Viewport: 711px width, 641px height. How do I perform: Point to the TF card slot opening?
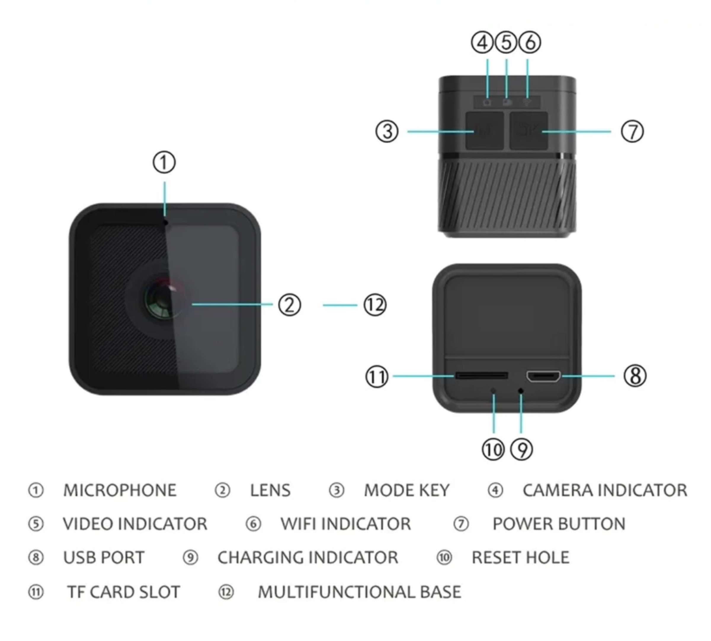(481, 375)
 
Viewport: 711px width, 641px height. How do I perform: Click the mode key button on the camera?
(484, 131)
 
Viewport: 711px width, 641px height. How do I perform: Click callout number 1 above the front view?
(164, 162)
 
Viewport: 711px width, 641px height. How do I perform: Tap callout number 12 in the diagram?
(375, 305)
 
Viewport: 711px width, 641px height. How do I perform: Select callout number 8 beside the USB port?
(635, 376)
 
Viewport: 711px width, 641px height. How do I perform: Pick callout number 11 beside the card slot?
(377, 377)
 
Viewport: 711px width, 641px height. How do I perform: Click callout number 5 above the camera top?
(506, 43)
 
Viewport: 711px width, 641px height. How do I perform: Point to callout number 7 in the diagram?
(632, 131)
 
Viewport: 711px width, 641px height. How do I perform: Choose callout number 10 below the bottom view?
(493, 450)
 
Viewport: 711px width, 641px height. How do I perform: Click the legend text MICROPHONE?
(120, 490)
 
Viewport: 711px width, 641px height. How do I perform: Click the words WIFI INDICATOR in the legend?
(346, 524)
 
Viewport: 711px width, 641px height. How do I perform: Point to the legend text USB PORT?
(104, 558)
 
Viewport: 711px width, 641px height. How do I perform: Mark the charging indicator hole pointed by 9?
(521, 391)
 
